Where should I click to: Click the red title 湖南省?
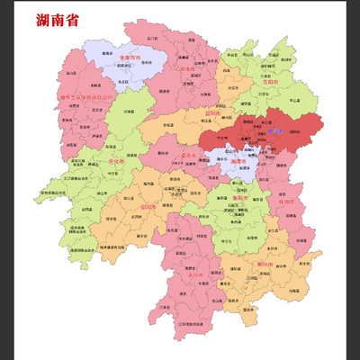pyautogui.click(x=57, y=19)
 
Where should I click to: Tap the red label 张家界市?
pyautogui.click(x=130, y=57)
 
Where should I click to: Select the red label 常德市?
pyautogui.click(x=186, y=68)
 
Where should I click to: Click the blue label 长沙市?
pyautogui.click(x=275, y=131)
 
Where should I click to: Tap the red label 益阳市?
pyautogui.click(x=212, y=114)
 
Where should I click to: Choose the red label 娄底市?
pyautogui.click(x=189, y=154)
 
